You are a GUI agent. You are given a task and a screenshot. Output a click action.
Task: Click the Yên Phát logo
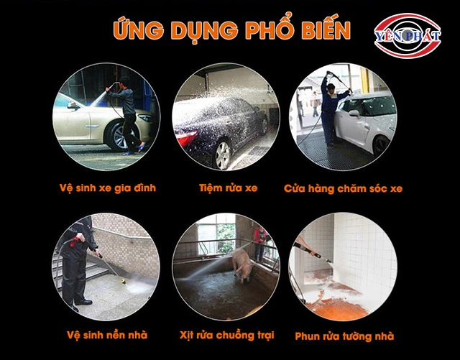pos(408,36)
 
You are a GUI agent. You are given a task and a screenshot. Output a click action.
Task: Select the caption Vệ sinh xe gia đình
pos(107,188)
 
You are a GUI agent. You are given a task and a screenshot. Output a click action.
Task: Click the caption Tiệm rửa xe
pos(229,188)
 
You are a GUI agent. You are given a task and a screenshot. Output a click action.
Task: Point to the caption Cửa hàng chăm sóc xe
pos(343,188)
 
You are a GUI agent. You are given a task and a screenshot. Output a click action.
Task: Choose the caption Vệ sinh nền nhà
pos(107,335)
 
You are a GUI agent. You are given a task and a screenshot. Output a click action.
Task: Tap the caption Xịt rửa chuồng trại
pos(227,336)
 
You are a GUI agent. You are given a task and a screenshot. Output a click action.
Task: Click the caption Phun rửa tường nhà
pos(344,336)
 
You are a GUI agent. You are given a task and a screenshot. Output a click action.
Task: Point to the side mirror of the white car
pos(354,114)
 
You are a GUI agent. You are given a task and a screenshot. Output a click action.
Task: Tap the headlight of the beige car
pos(145,118)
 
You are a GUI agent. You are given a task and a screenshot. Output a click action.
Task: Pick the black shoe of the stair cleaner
pos(83,302)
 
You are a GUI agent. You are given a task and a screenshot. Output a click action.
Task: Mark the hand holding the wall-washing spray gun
pos(311,252)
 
